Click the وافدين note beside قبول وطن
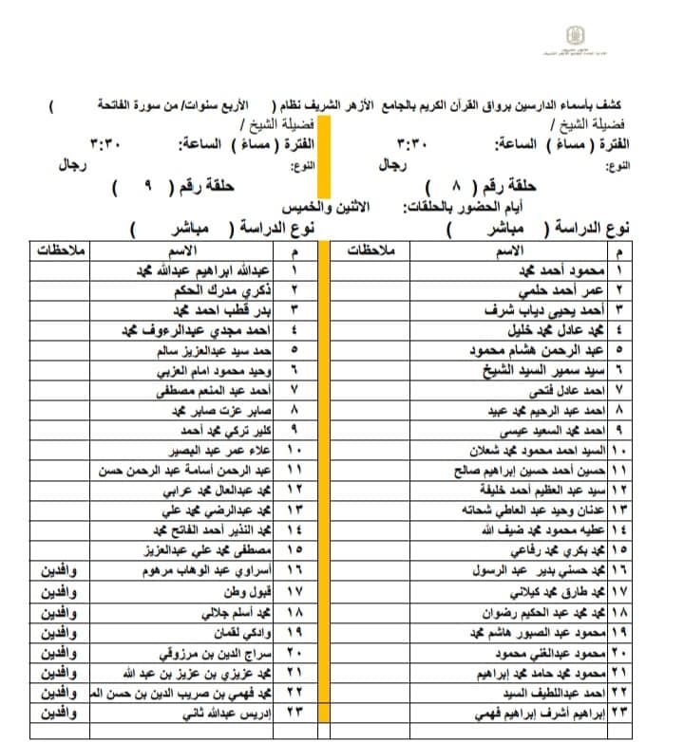pyautogui.click(x=64, y=592)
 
